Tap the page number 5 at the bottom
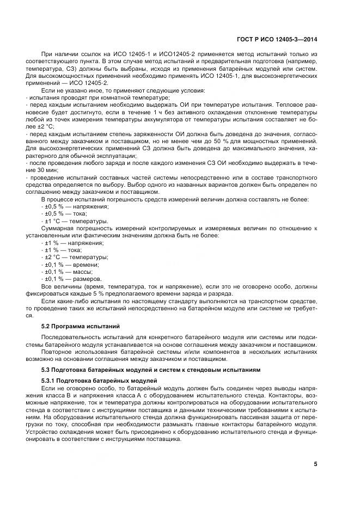pyautogui.click(x=315, y=464)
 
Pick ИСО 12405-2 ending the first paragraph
pyautogui.click(x=89, y=82)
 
